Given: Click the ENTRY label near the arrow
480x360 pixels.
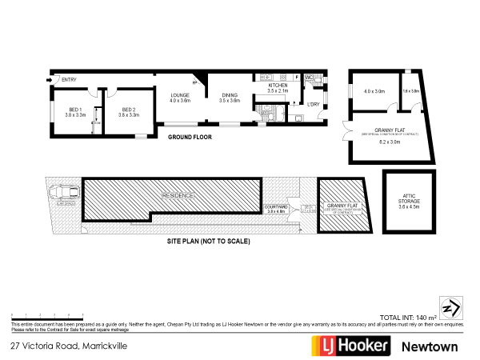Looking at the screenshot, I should pos(69,79).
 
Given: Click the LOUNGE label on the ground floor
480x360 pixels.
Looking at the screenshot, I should pos(179,97).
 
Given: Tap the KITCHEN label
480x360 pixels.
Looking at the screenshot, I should pos(277,85).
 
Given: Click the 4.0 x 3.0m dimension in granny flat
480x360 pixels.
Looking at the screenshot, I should pos(373,92).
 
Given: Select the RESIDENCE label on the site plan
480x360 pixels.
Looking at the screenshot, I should pos(178,195).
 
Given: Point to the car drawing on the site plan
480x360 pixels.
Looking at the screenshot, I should pos(62,193).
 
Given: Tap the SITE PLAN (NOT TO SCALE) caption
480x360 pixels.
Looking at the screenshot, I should pos(209,241).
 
